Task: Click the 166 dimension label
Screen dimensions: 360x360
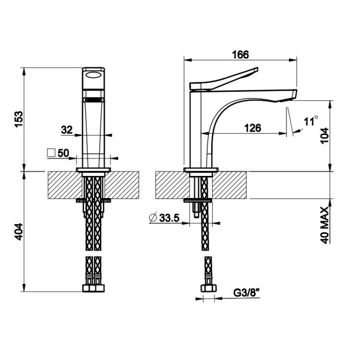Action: (240, 55)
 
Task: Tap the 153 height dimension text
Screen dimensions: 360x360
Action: (19, 119)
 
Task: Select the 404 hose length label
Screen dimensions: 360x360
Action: (19, 232)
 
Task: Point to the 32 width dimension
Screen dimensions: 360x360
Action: (67, 130)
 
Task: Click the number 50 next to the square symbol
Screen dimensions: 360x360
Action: (63, 153)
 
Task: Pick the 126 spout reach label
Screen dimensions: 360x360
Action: (252, 128)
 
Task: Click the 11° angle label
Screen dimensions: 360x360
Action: (311, 121)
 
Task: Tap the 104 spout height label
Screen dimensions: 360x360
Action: (324, 136)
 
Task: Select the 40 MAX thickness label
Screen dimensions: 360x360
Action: (324, 225)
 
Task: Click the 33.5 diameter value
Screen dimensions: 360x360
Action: (169, 218)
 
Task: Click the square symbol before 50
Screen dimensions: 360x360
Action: (51, 153)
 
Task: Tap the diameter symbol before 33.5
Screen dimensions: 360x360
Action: (153, 217)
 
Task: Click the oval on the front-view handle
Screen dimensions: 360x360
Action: (94, 75)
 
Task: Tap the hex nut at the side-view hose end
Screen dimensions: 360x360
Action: (209, 288)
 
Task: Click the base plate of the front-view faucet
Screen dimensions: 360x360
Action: (94, 170)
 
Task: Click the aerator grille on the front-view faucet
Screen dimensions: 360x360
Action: (94, 99)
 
